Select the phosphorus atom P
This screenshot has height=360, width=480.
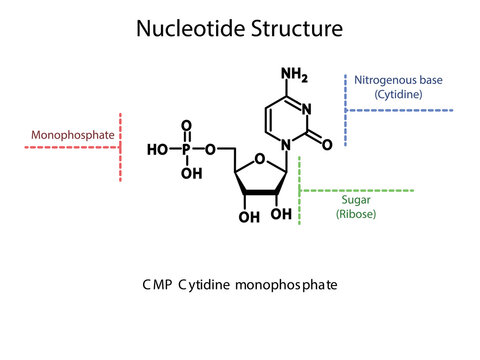pyautogui.click(x=185, y=149)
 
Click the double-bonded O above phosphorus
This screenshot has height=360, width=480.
pyautogui.click(x=185, y=126)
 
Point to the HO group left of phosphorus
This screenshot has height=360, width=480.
pyautogui.click(x=157, y=149)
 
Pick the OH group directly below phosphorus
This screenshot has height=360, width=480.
pyautogui.click(x=187, y=172)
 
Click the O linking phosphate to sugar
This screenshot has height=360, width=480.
pyautogui.click(x=211, y=149)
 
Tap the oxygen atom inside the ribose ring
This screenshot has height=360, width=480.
pyautogui.click(x=261, y=156)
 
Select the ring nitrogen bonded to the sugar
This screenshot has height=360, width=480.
pyautogui.click(x=286, y=144)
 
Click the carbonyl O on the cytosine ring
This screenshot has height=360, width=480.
pyautogui.click(x=327, y=144)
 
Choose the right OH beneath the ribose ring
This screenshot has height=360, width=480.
pyautogui.click(x=282, y=213)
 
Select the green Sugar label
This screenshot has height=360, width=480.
pyautogui.click(x=356, y=200)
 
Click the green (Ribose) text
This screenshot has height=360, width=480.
pyautogui.click(x=356, y=214)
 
